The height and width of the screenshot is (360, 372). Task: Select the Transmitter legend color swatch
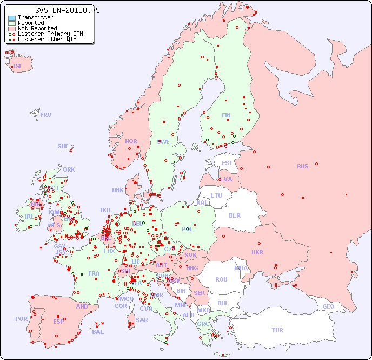click(x=12, y=17)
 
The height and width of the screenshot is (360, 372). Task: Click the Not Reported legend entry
click(x=37, y=28)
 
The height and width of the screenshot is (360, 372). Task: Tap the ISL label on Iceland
click(x=18, y=67)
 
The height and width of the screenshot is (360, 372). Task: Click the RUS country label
click(x=302, y=166)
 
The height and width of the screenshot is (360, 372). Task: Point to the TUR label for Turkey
click(x=277, y=330)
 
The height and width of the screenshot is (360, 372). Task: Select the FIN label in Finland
click(x=226, y=115)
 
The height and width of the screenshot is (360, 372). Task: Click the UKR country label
click(x=257, y=252)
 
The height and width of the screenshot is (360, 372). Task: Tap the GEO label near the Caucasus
click(x=328, y=306)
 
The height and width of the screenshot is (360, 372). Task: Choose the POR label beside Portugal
click(x=21, y=319)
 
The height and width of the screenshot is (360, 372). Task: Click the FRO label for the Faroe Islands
click(x=46, y=115)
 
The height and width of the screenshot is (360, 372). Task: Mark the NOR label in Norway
click(x=131, y=141)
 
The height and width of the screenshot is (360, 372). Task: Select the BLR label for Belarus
click(x=235, y=215)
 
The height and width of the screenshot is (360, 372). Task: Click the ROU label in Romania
click(x=221, y=279)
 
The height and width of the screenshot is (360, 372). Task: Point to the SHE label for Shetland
click(x=63, y=146)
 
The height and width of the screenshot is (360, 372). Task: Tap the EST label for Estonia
click(x=227, y=163)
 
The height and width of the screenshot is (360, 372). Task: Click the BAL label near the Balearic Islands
click(x=97, y=332)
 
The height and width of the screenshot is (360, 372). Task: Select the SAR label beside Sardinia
click(x=142, y=320)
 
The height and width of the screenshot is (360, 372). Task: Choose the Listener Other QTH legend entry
click(x=47, y=39)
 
